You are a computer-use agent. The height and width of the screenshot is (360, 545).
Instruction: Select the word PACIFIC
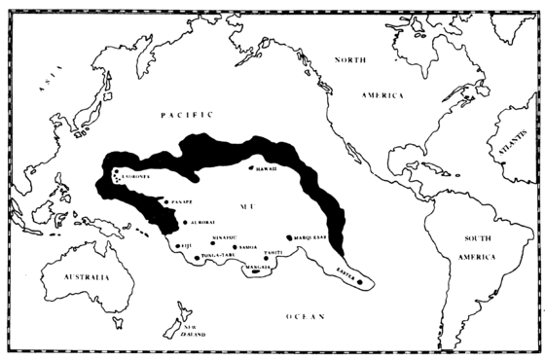(182, 115)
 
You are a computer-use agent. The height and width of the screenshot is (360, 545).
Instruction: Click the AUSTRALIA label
(74, 277)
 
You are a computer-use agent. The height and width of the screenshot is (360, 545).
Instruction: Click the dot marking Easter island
(360, 282)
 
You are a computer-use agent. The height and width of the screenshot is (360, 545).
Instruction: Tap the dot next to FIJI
(178, 246)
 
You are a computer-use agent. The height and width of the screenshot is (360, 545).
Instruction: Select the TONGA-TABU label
(221, 259)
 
